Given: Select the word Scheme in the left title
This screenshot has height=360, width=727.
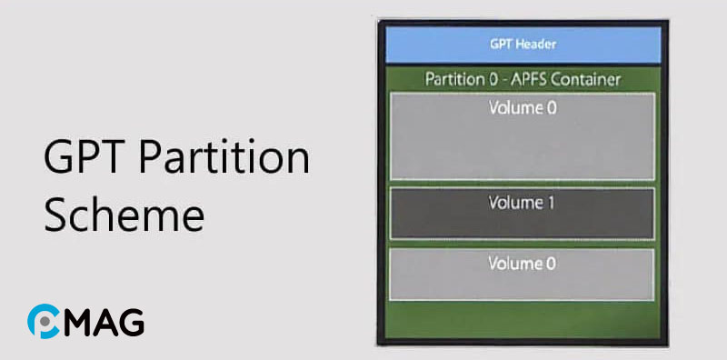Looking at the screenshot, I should pyautogui.click(x=124, y=217).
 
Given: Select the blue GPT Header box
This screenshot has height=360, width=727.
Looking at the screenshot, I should pyautogui.click(x=523, y=44).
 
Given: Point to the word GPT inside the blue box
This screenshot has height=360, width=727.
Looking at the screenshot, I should pyautogui.click(x=502, y=44).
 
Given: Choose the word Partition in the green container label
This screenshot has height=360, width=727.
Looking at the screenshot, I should pyautogui.click(x=455, y=79).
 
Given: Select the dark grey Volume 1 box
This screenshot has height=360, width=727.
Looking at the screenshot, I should pyautogui.click(x=522, y=214).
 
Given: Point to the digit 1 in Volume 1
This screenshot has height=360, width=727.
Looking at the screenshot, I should pyautogui.click(x=551, y=204).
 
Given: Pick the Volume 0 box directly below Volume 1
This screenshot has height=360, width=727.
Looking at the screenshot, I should pyautogui.click(x=522, y=274).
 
